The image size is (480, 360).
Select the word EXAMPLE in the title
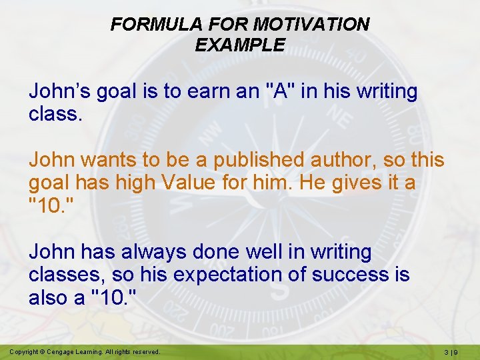(240, 45)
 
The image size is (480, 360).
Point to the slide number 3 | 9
(453, 351)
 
